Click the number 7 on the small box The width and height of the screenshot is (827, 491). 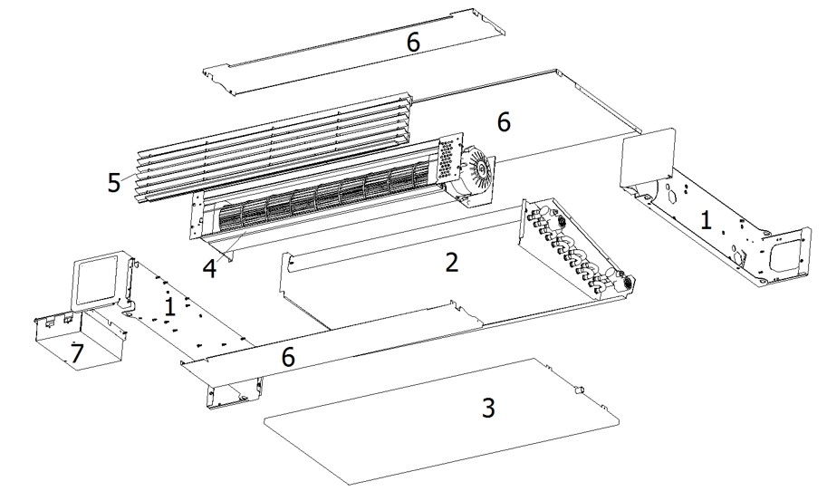[78, 355]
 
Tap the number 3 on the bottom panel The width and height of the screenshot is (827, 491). [488, 408]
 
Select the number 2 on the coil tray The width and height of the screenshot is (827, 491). [451, 263]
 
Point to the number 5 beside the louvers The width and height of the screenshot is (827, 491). [114, 183]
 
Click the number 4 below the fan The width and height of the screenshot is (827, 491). [209, 268]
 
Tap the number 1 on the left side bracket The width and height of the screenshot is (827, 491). [168, 307]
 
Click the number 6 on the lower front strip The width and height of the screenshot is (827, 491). [288, 357]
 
